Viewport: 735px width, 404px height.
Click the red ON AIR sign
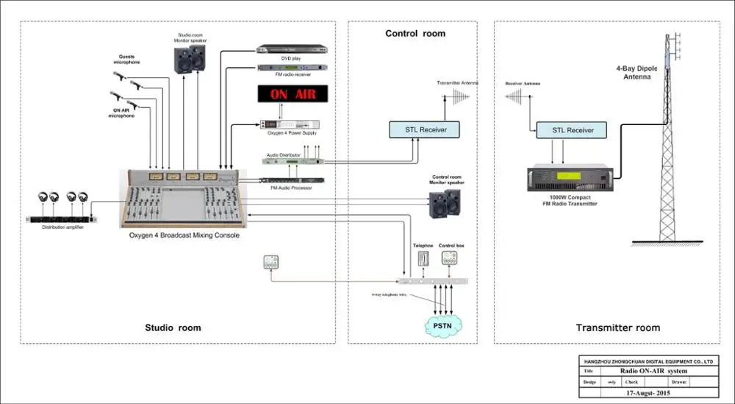pyautogui.click(x=288, y=95)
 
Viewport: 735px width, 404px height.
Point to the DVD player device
pyautogui.click(x=291, y=50)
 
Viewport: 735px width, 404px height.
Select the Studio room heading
pyautogui.click(x=173, y=327)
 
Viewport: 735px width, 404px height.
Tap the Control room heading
pyautogui.click(x=415, y=34)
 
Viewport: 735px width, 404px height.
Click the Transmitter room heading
pyautogui.click(x=617, y=327)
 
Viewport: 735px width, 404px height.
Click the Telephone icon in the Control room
pyautogui.click(x=423, y=258)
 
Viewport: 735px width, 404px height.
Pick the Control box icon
pyautogui.click(x=450, y=258)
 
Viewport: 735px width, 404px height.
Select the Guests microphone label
pyautogui.click(x=126, y=60)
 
